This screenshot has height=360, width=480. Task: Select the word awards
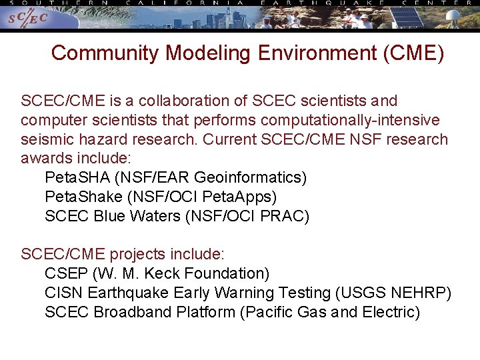click(x=48, y=159)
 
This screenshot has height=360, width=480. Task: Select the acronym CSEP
click(x=67, y=273)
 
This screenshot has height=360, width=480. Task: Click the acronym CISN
click(x=64, y=293)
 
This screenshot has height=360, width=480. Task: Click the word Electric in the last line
click(x=390, y=312)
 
